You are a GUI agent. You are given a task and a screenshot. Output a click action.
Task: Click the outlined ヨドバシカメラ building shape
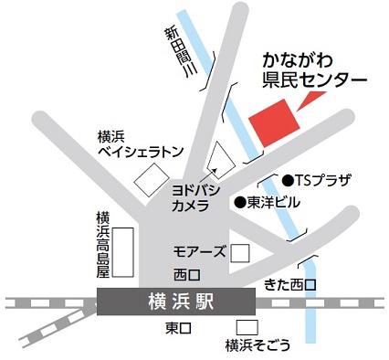tap(221, 160)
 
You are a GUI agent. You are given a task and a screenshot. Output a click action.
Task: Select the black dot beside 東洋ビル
tap(240, 201)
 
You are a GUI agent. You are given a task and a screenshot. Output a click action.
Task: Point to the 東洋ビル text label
tap(274, 201)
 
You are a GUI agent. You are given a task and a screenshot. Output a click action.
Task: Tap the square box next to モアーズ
tap(239, 252)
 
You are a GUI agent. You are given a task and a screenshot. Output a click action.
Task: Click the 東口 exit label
tap(177, 327)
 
